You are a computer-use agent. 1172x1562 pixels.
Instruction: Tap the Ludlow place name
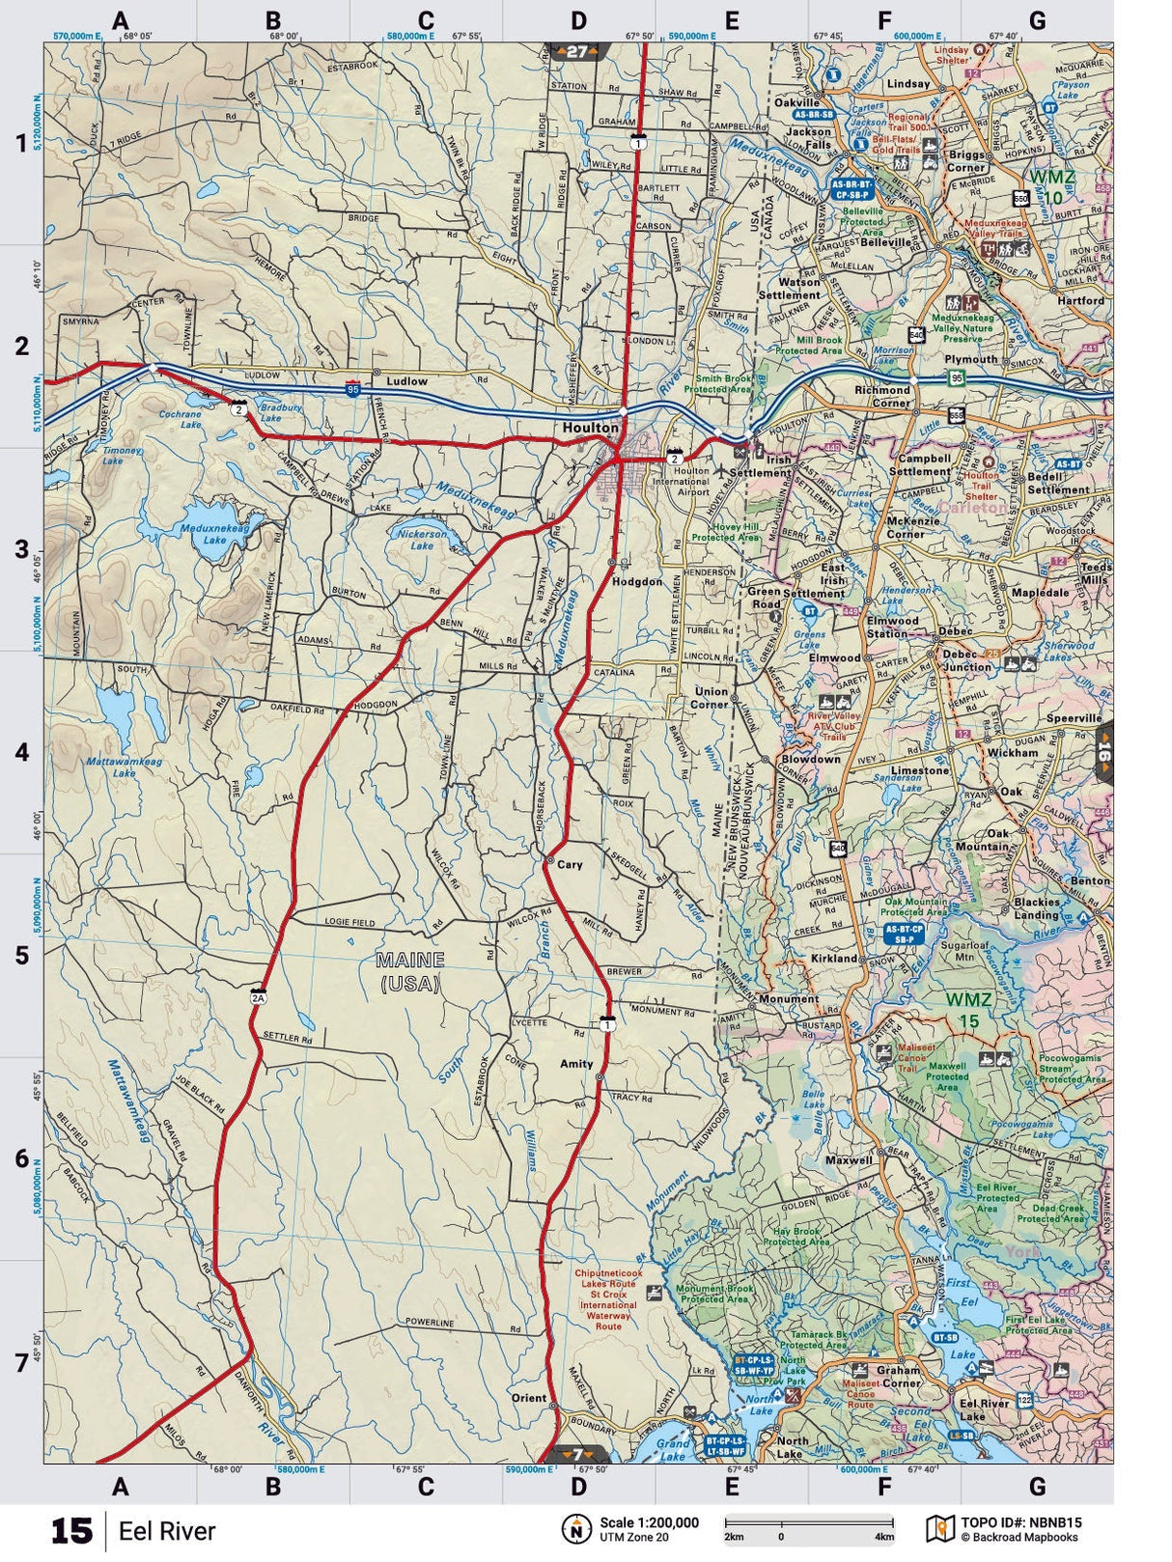[406, 381]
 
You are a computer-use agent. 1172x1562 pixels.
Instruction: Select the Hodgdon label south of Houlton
[637, 582]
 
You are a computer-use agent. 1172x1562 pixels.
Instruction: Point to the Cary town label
[570, 864]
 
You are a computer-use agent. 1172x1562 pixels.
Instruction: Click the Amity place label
[576, 1063]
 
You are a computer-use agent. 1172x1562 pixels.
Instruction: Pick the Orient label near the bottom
[528, 1398]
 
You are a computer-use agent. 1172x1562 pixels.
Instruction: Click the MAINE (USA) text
[410, 972]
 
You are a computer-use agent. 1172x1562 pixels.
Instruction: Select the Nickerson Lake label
[422, 539]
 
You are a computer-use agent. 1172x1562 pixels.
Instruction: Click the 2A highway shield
[257, 995]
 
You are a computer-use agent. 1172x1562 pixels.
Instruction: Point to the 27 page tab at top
[576, 52]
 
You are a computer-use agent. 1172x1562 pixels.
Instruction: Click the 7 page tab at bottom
[577, 1454]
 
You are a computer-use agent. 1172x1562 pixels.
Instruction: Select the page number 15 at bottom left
[71, 1531]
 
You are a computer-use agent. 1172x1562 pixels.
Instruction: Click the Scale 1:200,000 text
[649, 1522]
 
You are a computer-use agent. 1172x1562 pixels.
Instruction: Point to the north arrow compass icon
[576, 1529]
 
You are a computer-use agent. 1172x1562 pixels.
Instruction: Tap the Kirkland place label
[834, 959]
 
